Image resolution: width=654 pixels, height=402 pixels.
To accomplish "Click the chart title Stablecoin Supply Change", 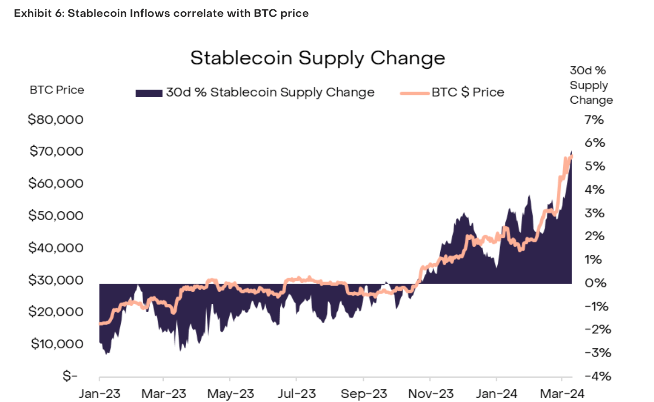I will pos(318,58).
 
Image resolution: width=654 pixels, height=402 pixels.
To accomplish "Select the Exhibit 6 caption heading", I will pos(161,13).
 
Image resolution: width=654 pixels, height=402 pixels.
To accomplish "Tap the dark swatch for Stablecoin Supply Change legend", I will pos(148,93).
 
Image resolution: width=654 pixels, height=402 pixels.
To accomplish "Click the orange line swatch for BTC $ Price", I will pos(414,93).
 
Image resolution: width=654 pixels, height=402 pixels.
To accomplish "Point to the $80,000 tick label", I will pos(56,120).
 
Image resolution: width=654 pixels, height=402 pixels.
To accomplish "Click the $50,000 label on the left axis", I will pos(56,216).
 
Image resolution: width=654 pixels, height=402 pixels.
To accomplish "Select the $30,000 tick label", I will pos(56,280).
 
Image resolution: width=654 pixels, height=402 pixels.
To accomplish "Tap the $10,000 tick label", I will pos(57,345).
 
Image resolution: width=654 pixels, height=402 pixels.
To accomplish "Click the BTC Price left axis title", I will pos(57,90).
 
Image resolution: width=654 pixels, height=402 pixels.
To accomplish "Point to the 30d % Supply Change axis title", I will pos(591,86).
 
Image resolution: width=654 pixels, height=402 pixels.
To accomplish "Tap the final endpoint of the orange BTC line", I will pos(572,157).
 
